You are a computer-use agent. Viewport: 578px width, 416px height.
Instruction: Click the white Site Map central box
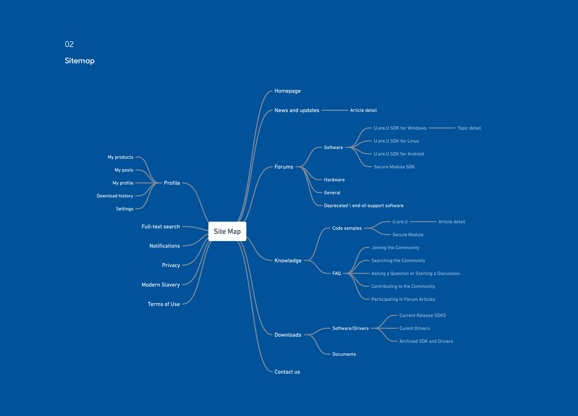tap(227, 231)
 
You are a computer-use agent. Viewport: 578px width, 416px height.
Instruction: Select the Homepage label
tap(287, 91)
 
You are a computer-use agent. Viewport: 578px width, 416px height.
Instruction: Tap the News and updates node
tap(297, 110)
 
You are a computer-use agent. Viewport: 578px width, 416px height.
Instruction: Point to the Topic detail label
tap(469, 128)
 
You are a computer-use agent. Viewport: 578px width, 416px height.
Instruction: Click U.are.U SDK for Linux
tap(396, 141)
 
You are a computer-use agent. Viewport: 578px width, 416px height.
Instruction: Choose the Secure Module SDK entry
tap(394, 167)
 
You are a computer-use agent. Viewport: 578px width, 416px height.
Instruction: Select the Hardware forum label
tap(334, 180)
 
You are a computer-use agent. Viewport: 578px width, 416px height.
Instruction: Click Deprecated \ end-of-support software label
tap(364, 205)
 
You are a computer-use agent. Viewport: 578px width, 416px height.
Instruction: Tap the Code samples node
tap(347, 228)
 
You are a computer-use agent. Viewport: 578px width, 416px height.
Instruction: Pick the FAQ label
tap(336, 273)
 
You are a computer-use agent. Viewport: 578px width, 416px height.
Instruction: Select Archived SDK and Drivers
tap(426, 341)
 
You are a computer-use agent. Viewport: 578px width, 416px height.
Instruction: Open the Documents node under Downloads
tap(344, 354)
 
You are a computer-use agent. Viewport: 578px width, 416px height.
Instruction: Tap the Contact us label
tap(287, 372)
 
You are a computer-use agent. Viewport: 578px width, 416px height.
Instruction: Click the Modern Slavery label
tap(161, 285)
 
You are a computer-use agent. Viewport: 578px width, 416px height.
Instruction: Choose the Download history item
tap(115, 196)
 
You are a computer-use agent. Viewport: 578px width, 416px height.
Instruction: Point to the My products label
tap(121, 157)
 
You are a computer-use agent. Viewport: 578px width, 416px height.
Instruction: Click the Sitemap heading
tap(80, 61)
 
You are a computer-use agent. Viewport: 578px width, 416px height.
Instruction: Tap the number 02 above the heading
tap(69, 44)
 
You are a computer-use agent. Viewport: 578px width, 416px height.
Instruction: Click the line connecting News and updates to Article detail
tap(335, 110)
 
